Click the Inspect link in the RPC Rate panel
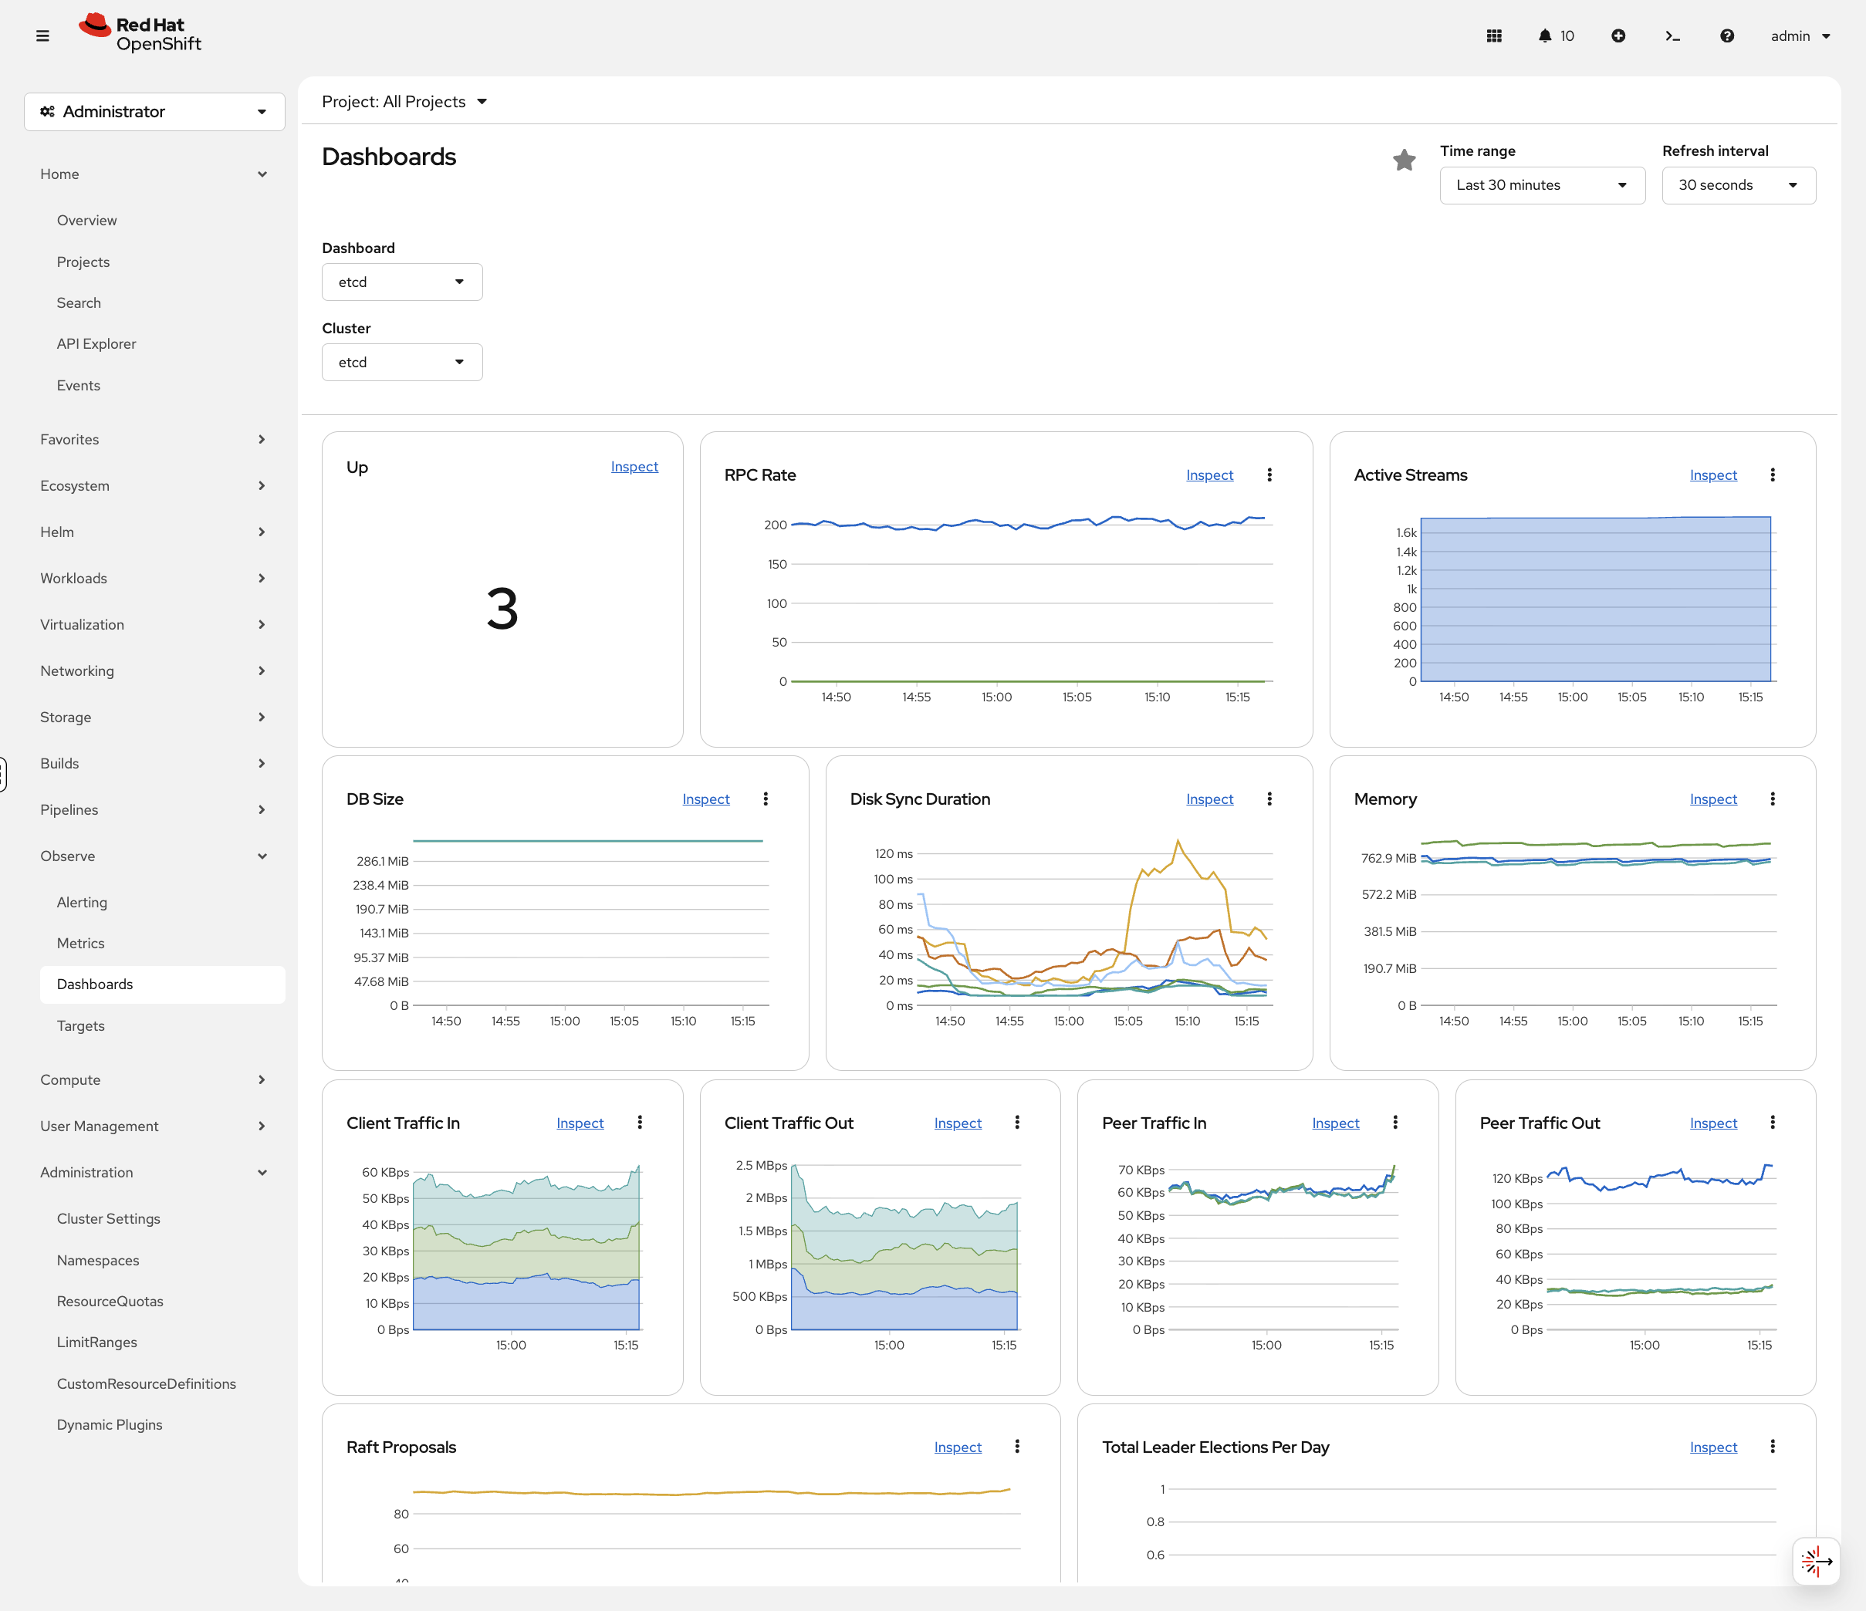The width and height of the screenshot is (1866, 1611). (x=1209, y=475)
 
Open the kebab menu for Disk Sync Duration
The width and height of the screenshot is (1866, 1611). (x=1269, y=799)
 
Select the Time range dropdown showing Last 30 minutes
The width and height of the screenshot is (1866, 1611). (x=1541, y=184)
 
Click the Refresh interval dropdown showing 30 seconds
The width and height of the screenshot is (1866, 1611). (x=1737, y=184)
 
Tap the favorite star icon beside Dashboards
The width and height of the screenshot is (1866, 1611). (x=1403, y=160)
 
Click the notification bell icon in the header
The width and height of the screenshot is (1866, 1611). (x=1544, y=36)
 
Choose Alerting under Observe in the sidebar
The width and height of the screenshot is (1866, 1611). (x=82, y=902)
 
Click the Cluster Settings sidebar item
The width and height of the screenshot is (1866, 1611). (x=108, y=1218)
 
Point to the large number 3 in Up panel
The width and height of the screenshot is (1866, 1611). (x=502, y=609)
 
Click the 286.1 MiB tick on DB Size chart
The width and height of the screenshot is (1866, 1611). (x=382, y=861)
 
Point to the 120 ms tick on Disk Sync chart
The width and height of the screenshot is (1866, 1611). (x=894, y=853)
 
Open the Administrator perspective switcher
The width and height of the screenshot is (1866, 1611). (x=154, y=112)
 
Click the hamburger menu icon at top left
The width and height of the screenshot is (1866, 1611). (x=42, y=36)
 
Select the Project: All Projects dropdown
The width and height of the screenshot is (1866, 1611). (x=404, y=102)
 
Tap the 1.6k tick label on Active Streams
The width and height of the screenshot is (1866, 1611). (x=1405, y=533)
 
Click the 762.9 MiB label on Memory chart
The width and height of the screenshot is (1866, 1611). (x=1388, y=858)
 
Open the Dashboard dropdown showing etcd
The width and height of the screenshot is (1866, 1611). (x=401, y=282)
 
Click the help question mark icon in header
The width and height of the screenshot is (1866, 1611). (x=1726, y=36)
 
